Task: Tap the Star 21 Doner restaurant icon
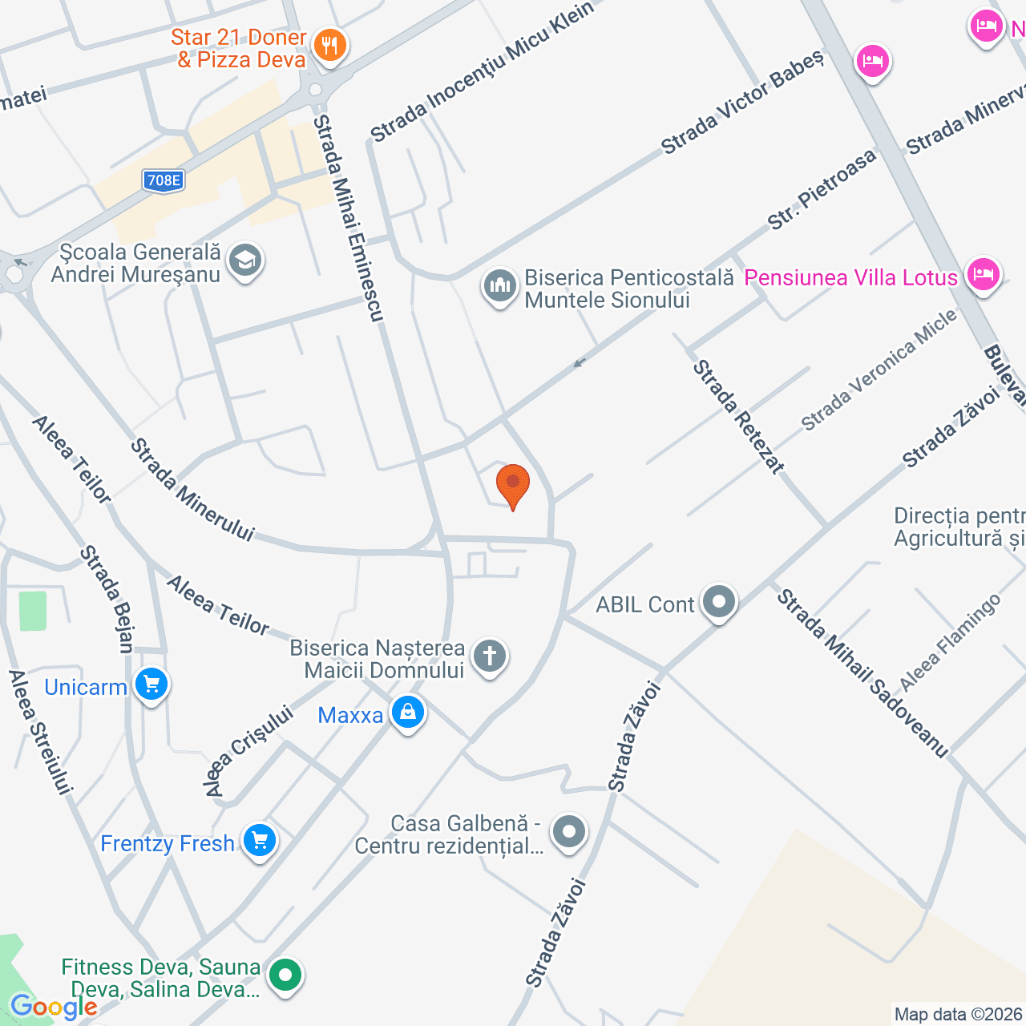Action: pos(329,45)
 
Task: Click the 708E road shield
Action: pos(164,180)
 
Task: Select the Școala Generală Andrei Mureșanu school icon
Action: pos(245,261)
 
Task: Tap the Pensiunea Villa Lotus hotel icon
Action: pos(983,276)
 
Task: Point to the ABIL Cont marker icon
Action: pos(718,602)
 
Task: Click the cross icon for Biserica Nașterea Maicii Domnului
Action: pos(490,656)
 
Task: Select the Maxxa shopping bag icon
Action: pos(407,712)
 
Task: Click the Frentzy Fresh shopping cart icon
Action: pos(259,841)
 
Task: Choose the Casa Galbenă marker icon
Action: pos(569,832)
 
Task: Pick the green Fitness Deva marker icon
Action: pos(285,976)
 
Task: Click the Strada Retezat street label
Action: pos(737,416)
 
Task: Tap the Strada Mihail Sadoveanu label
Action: pos(862,673)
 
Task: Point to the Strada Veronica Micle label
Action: pos(879,370)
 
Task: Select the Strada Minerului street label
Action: pos(192,489)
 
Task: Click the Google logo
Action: pos(54,1007)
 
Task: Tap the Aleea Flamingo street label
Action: pos(950,642)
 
